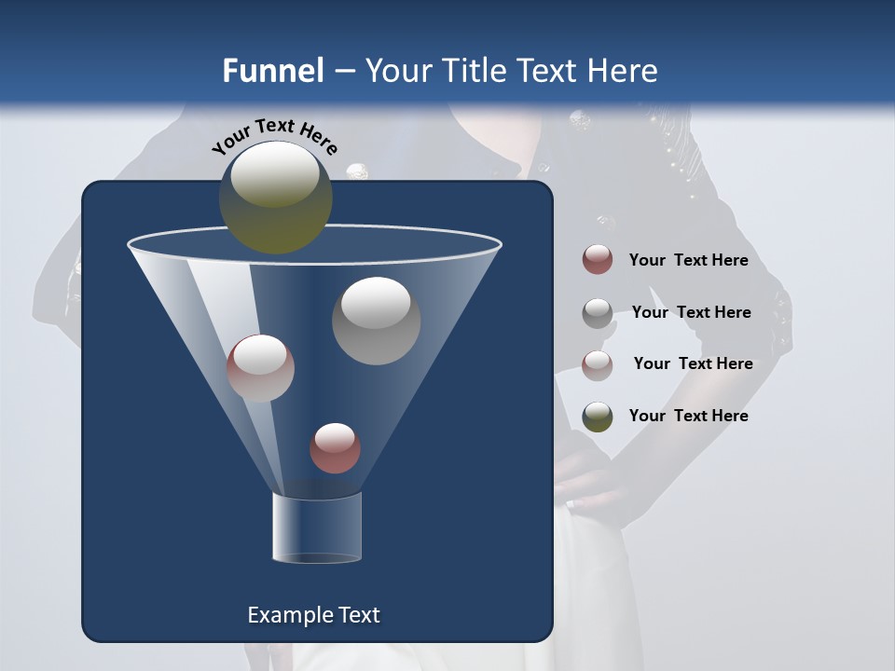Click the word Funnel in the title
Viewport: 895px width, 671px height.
click(x=272, y=71)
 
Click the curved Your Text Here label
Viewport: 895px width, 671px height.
click(x=274, y=136)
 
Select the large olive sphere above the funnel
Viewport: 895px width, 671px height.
click(x=275, y=197)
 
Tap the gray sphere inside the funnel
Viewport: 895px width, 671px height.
click(x=376, y=321)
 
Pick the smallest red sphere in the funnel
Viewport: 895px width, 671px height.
click(x=335, y=447)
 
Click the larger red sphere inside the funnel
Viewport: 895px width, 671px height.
click(x=260, y=368)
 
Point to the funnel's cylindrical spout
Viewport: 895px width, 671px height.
click(x=316, y=528)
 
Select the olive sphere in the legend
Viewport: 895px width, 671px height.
click(x=598, y=417)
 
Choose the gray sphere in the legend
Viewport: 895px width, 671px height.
click(x=598, y=313)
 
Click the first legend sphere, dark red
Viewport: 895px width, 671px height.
click(x=598, y=260)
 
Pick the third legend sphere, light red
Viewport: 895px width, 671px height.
click(x=598, y=365)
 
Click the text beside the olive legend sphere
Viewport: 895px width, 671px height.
click(x=688, y=416)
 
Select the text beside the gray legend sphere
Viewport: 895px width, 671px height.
click(x=691, y=312)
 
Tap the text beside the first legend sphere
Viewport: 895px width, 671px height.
click(x=688, y=260)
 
